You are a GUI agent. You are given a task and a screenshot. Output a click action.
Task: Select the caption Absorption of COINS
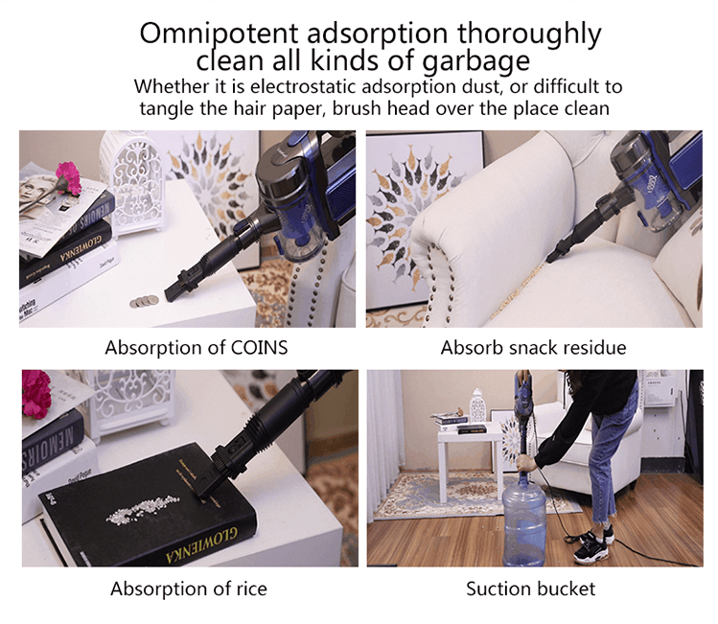(196, 347)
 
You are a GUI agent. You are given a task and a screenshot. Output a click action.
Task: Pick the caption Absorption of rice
(189, 588)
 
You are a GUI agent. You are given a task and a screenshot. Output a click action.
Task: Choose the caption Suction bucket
(530, 588)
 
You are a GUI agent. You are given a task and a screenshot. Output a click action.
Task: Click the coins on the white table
(144, 301)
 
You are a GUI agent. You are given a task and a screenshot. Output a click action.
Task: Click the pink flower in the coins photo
(67, 176)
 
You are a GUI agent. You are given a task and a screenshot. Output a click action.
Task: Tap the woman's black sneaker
(587, 549)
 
